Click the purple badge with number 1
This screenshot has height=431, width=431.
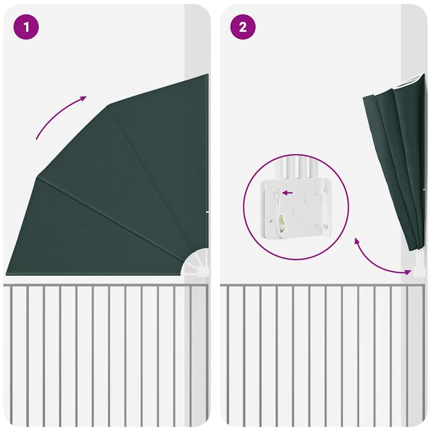click(26, 27)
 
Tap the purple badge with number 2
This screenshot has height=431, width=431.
click(243, 27)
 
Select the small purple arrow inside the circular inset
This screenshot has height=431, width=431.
click(287, 193)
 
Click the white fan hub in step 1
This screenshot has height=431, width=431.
click(196, 262)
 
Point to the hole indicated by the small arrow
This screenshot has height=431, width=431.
click(277, 193)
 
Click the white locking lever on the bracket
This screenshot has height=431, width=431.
click(278, 212)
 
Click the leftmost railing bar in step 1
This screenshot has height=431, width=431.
click(11, 354)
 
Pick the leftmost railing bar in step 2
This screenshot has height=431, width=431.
click(227, 354)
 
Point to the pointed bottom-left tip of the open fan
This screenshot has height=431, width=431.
click(6, 274)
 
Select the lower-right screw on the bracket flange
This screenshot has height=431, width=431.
click(326, 227)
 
